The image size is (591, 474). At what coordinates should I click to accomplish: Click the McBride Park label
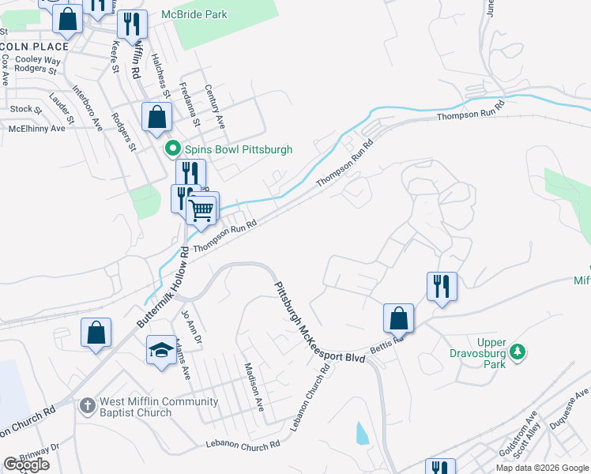coord(194,14)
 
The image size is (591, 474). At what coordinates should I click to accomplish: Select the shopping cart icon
coord(202,211)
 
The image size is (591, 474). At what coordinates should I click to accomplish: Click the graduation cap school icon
coord(161,351)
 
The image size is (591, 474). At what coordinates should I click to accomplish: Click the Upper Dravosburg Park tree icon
coord(518,351)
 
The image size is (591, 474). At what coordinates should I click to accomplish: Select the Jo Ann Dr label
coord(187,325)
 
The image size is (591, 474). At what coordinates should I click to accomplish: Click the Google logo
coord(26,465)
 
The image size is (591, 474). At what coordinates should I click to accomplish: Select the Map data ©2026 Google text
coord(542,468)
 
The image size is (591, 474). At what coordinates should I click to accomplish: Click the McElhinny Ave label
coord(36,128)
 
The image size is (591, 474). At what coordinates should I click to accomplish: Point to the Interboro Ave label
coord(87,107)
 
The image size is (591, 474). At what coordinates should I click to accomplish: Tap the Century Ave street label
coord(215,107)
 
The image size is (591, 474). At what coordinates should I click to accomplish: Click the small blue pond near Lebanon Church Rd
coord(362,433)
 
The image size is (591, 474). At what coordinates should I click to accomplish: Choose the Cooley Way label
coord(38,59)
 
